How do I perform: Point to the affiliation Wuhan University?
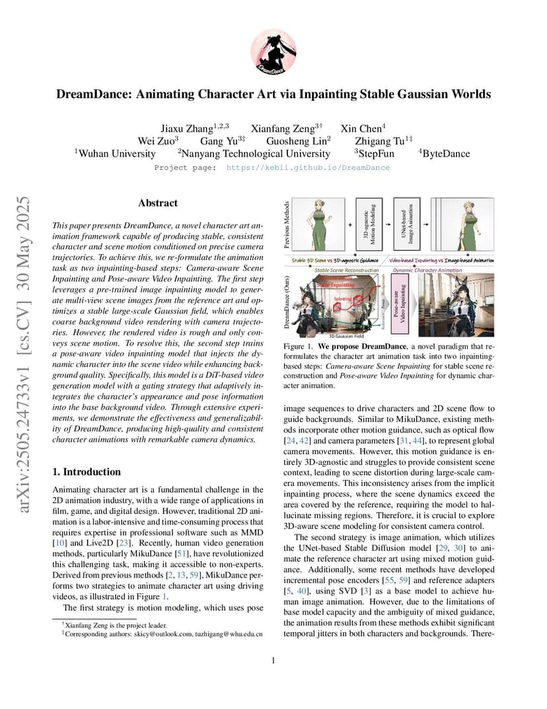click(x=117, y=153)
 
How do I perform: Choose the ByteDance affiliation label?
click(x=446, y=153)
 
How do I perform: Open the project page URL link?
click(x=308, y=168)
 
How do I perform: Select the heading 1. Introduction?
click(x=87, y=472)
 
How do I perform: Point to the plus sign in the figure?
click(x=349, y=224)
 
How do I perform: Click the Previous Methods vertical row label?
click(x=287, y=225)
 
